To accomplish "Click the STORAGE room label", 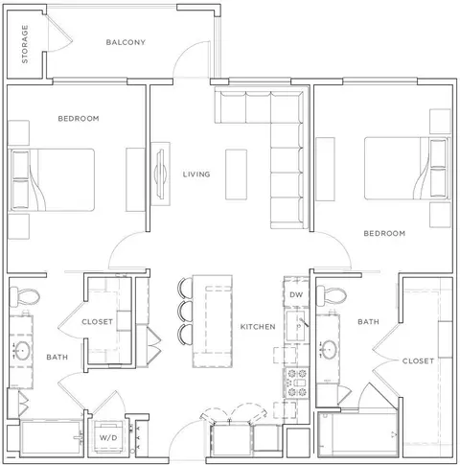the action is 25,44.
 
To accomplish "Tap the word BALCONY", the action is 126,42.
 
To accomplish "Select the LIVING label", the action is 196,174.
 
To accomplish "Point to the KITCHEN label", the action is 258,327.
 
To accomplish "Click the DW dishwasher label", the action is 296,294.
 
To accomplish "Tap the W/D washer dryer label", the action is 108,437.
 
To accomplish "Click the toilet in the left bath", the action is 24,296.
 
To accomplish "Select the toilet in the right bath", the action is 331,294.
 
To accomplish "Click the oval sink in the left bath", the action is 22,351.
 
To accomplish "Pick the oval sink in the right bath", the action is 329,349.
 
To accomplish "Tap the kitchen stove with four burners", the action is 297,383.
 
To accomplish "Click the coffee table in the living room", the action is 236,174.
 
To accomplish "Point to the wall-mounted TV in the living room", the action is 160,174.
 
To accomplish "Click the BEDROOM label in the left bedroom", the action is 79,119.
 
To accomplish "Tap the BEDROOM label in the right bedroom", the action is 384,234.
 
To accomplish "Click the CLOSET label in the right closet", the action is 418,361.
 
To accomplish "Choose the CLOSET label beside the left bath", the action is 98,322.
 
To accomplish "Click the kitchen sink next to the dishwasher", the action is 296,325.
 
